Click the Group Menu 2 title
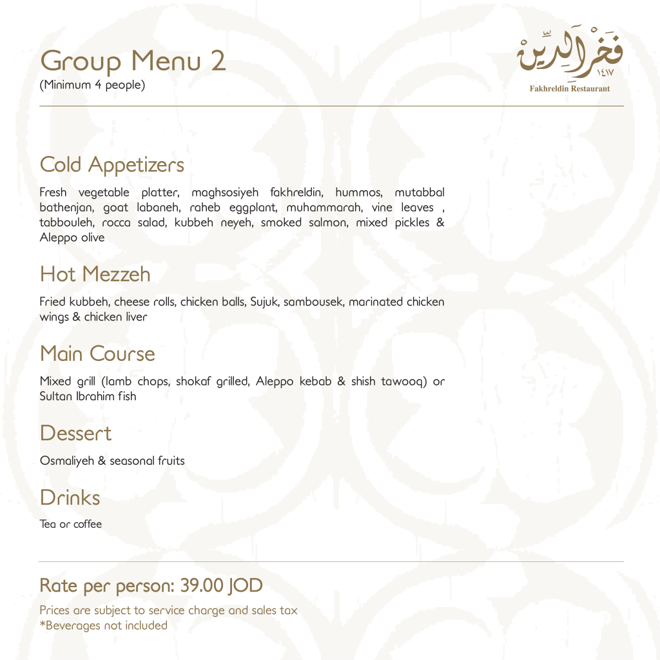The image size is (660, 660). tap(133, 61)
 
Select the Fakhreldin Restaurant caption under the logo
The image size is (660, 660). tap(569, 88)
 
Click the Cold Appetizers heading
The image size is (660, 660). tap(112, 164)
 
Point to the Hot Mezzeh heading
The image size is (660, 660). tap(95, 274)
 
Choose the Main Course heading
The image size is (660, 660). tap(97, 353)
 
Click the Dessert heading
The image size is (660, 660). tap(75, 432)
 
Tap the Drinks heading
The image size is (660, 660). tap(70, 498)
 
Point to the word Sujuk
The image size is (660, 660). tap(263, 302)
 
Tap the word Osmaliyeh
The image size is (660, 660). tap(67, 461)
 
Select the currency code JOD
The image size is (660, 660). tap(245, 586)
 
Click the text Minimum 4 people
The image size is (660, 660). tap(92, 84)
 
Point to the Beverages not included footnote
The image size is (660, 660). tap(104, 625)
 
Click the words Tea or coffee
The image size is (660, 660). tap(71, 524)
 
